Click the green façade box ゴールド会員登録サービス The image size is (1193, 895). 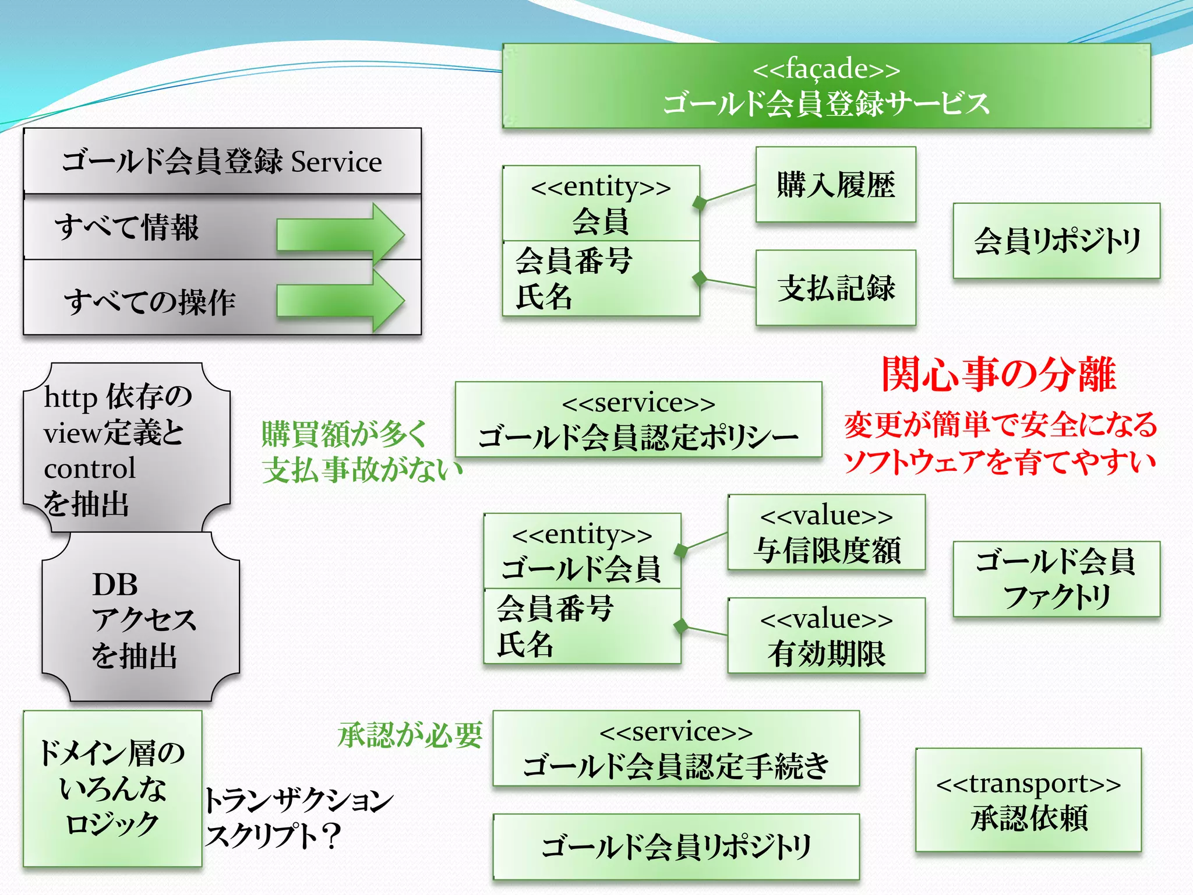(826, 86)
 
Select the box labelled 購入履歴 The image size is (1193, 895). (835, 185)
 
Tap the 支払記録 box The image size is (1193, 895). (835, 288)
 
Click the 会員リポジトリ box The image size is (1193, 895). (1056, 241)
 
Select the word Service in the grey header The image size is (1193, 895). (336, 162)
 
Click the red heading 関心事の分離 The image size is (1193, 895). (998, 374)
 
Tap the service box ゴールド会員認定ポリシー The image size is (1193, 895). (638, 420)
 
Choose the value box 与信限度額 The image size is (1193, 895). (826, 533)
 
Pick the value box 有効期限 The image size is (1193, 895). (826, 636)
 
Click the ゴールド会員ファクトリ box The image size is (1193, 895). (1056, 579)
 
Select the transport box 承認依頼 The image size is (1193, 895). (1028, 800)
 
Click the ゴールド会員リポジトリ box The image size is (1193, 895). (676, 847)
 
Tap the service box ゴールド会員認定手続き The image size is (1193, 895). (676, 749)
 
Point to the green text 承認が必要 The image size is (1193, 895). (410, 734)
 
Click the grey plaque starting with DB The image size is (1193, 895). (140, 618)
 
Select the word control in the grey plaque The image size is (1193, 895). (90, 468)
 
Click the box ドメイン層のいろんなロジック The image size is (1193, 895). (112, 788)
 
